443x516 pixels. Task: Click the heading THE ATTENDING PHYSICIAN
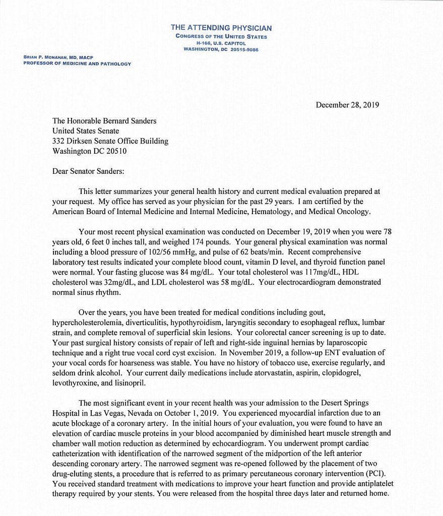(221, 28)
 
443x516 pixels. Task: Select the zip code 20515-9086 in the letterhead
(241, 50)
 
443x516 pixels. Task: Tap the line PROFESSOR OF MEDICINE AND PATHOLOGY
(77, 64)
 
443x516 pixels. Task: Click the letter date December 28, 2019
(347, 105)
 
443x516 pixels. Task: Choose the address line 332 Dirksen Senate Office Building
(110, 141)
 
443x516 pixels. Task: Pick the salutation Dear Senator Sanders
(88, 171)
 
